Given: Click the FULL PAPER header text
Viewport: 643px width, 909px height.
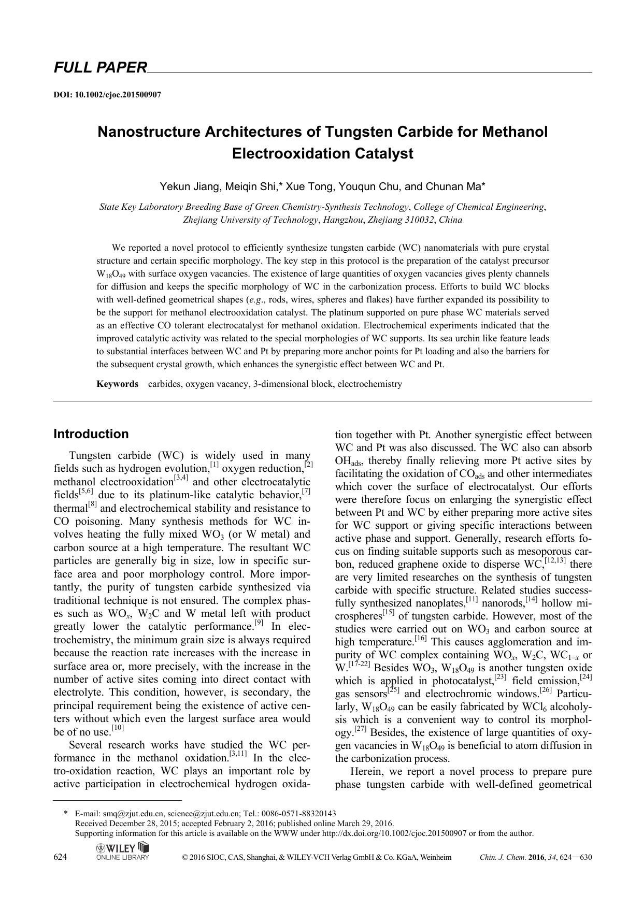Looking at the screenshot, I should tap(101, 67).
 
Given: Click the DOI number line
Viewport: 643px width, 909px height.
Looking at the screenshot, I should tap(107, 95).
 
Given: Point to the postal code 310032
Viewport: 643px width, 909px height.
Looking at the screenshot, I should tap(418, 220).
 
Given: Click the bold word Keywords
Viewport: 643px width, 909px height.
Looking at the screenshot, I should tap(117, 384).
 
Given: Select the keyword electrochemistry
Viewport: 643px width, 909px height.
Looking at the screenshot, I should tap(369, 384).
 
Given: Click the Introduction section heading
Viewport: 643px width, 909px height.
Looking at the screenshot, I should tap(91, 434).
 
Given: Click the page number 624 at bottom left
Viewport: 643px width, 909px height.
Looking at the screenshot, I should tap(60, 857).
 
